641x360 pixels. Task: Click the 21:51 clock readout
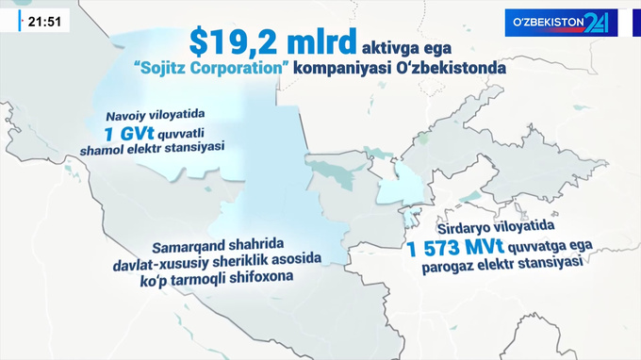coord(44,20)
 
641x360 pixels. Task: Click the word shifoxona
coord(259,278)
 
